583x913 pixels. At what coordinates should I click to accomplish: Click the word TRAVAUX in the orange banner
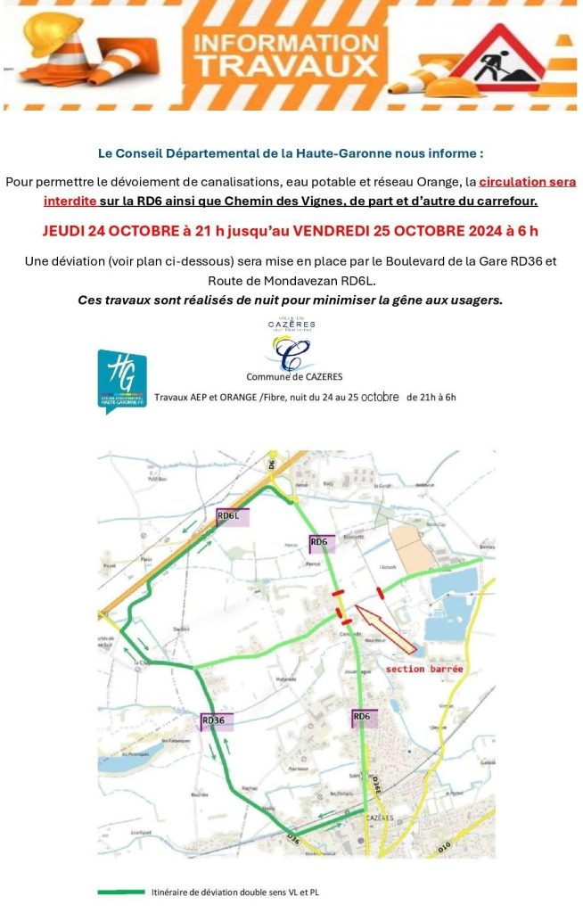click(284, 64)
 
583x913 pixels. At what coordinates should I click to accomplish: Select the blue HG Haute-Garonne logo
click(121, 380)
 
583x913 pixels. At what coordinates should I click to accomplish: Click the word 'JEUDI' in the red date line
click(68, 232)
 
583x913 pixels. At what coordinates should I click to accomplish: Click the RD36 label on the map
click(214, 720)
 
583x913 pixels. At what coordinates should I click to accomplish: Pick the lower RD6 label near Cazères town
click(362, 716)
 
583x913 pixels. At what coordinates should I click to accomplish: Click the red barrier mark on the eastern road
click(381, 590)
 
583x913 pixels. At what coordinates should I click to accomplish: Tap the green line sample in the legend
click(120, 891)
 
